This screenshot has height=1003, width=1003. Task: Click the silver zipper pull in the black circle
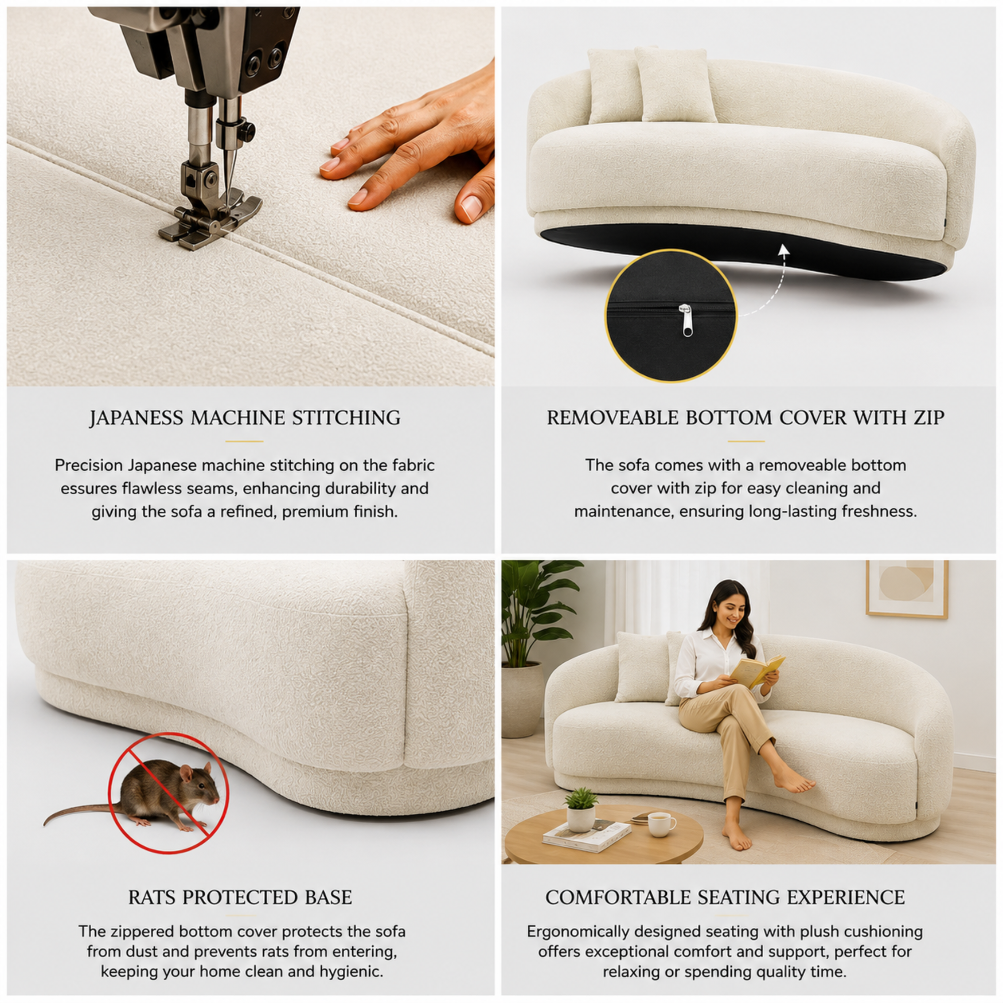tap(687, 320)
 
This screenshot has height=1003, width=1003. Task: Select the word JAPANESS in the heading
tap(136, 418)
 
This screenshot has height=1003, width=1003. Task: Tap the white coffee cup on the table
tap(661, 825)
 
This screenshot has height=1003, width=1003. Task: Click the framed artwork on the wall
tap(907, 589)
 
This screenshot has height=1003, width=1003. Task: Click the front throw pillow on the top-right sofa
tap(674, 86)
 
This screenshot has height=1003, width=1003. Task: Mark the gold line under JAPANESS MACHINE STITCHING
tap(244, 441)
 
